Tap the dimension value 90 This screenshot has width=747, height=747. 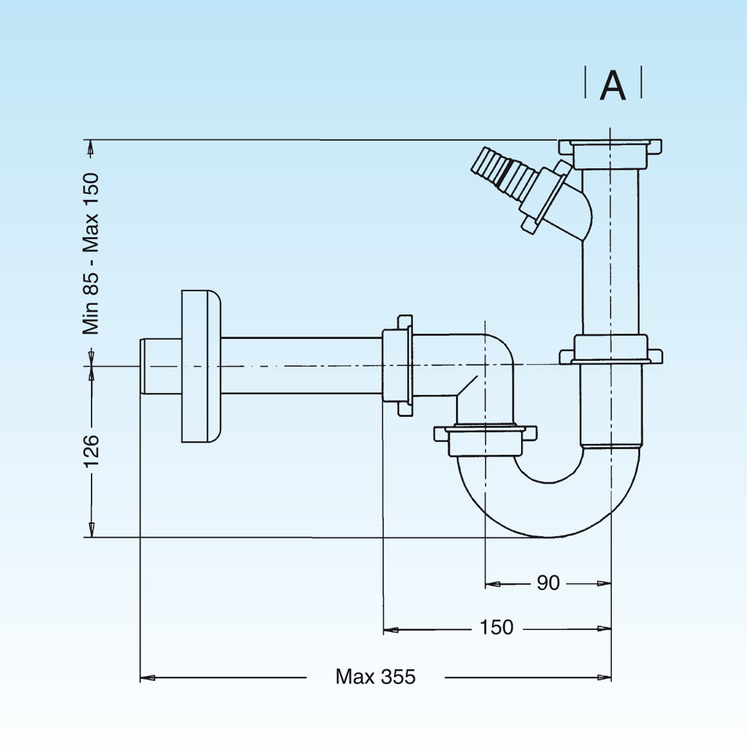pyautogui.click(x=548, y=583)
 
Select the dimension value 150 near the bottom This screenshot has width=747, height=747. pyautogui.click(x=496, y=627)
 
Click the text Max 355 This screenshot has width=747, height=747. pyautogui.click(x=375, y=676)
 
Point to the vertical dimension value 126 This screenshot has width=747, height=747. pyautogui.click(x=92, y=451)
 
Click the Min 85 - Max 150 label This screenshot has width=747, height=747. pyautogui.click(x=92, y=253)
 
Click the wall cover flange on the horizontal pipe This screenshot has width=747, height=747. pyautogui.click(x=200, y=366)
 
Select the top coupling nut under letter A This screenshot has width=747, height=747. pyautogui.click(x=610, y=153)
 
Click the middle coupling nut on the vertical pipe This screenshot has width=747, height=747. pyautogui.click(x=610, y=350)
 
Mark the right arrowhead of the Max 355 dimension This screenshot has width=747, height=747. pyautogui.click(x=604, y=677)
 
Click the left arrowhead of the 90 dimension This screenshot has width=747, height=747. pyautogui.click(x=492, y=583)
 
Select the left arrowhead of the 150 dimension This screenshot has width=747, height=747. pyautogui.click(x=390, y=630)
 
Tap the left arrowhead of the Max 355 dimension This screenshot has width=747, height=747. pyautogui.click(x=147, y=677)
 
